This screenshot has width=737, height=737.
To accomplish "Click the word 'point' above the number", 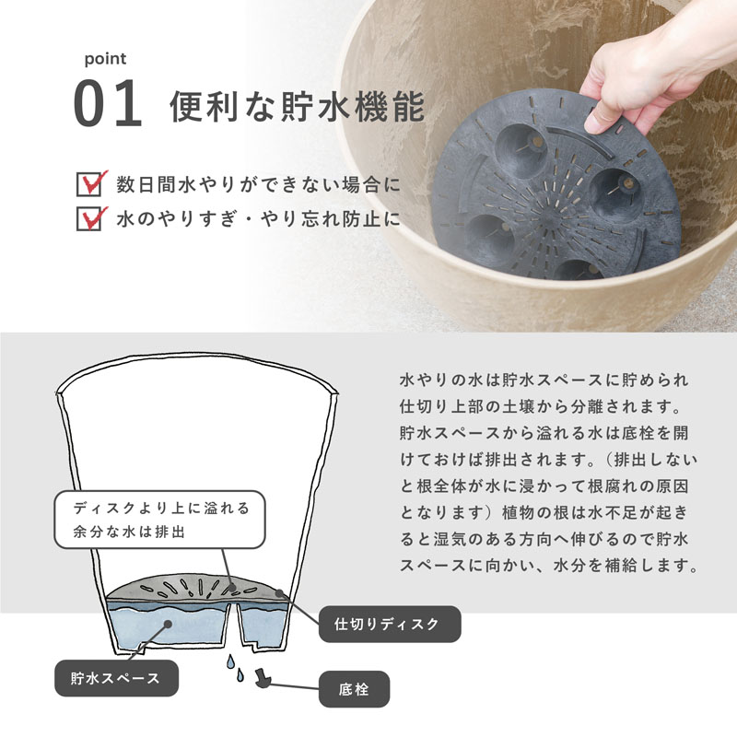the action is tap(105, 60).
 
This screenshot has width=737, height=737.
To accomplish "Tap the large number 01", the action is tap(108, 103).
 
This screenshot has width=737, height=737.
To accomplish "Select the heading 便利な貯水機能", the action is tap(297, 106).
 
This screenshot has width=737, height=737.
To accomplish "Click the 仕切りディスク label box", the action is tap(390, 624).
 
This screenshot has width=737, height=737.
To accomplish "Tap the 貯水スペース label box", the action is tap(117, 678).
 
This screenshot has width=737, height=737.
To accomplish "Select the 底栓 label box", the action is tap(354, 689).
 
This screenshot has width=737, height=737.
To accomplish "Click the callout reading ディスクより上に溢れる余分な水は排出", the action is tap(159, 520).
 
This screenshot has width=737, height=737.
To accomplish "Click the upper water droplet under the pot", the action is tap(230, 661).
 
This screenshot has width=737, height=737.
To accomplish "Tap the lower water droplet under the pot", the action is tap(240, 675).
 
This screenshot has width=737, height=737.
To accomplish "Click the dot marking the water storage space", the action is tap(168, 624).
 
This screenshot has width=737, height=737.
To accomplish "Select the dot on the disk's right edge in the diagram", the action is tap(279, 593).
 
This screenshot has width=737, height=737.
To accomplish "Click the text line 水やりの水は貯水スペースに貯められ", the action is tap(544, 380).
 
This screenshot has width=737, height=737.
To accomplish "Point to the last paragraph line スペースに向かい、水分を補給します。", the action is tap(549, 565).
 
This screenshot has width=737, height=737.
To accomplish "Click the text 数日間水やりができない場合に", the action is tap(258, 184).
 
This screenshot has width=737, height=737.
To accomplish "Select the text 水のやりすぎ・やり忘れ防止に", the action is tap(258, 219).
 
